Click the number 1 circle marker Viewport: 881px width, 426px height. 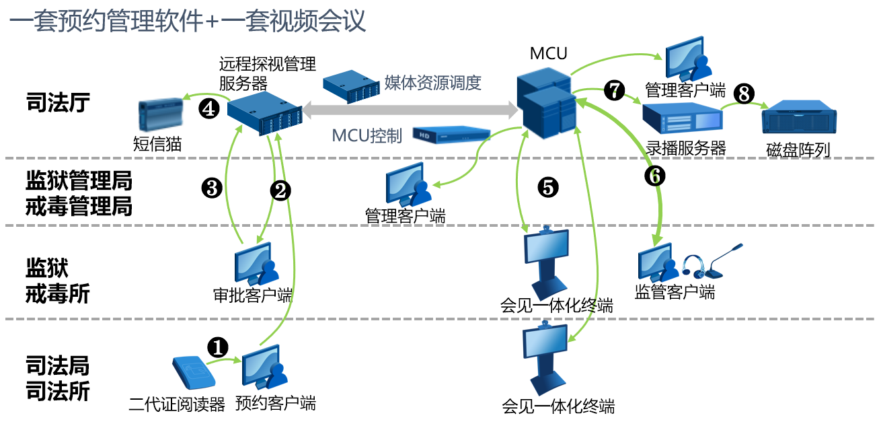coord(217,347)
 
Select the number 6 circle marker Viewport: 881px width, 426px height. coord(654,175)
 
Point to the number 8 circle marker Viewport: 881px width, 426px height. coord(743,94)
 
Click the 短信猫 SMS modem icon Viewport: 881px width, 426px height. coord(161,115)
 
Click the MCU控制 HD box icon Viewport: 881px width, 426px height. coord(449,135)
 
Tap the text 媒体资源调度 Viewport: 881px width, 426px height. coord(433,83)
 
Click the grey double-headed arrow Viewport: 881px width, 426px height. coord(408,108)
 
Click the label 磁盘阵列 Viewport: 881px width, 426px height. coord(798,149)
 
